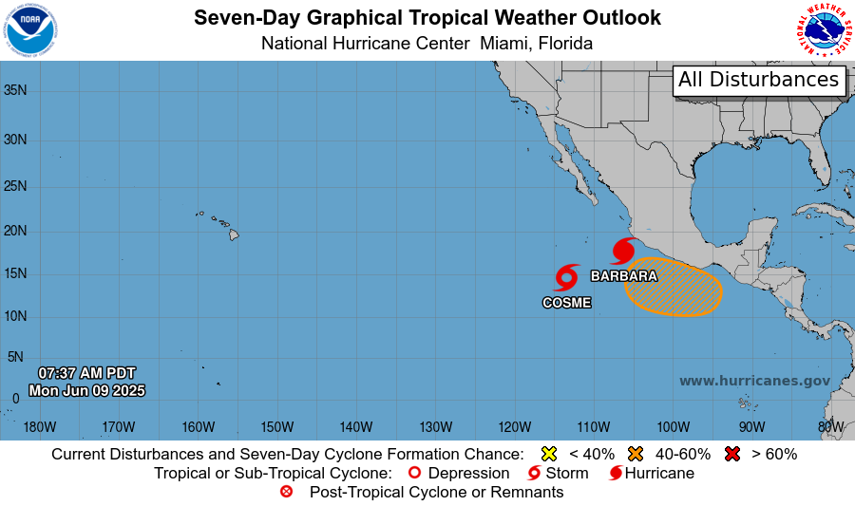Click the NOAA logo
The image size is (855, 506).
(x=30, y=30)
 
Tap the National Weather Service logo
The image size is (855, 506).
(x=824, y=30)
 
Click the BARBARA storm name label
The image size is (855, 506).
(x=624, y=276)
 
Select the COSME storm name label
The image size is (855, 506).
(x=566, y=303)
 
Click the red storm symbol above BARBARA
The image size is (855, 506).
(x=623, y=251)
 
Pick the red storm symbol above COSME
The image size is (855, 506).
(x=566, y=277)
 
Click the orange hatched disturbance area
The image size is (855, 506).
(x=674, y=286)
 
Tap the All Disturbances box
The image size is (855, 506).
(x=759, y=80)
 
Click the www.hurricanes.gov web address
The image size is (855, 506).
(x=754, y=381)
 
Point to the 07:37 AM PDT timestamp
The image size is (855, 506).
(x=86, y=372)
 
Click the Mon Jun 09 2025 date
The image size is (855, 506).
(x=86, y=390)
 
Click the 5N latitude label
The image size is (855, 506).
(x=15, y=357)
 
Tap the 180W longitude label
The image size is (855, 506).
(x=40, y=426)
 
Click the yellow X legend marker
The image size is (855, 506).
(x=548, y=454)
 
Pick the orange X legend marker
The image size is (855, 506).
(x=636, y=454)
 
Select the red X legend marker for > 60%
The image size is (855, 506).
(x=731, y=454)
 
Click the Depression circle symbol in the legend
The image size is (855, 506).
(x=413, y=473)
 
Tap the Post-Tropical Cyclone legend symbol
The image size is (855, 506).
(x=288, y=492)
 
